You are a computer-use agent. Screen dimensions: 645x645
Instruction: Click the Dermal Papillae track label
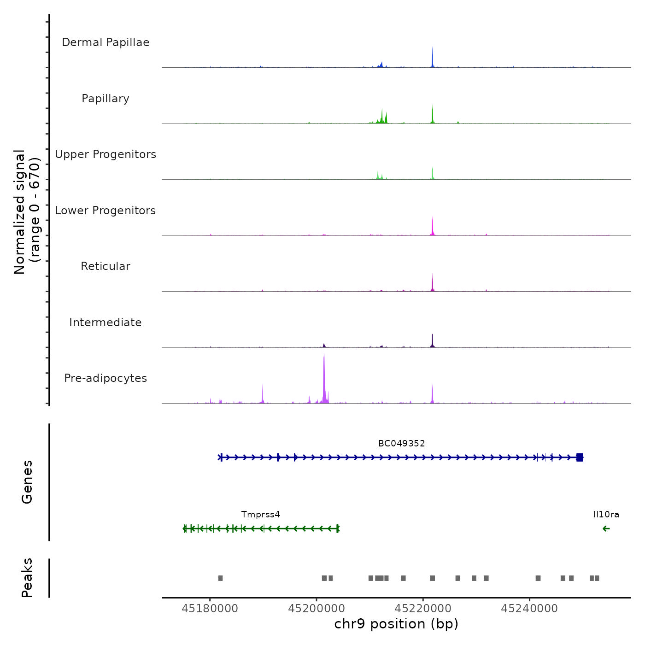tap(106, 42)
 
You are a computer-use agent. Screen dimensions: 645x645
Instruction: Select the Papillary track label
tap(106, 99)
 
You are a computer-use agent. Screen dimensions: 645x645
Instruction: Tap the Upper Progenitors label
tap(106, 154)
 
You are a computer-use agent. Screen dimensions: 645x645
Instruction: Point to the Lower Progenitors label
tap(106, 211)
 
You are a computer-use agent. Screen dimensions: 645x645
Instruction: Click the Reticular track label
tap(106, 266)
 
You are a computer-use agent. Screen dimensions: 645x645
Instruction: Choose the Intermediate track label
tap(106, 322)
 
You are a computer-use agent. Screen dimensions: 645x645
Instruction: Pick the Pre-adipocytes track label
tap(106, 378)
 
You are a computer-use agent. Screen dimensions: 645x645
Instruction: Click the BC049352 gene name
tap(401, 444)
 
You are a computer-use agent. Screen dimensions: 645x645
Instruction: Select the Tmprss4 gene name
tap(260, 515)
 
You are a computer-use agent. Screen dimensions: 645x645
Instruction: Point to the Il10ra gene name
tap(606, 515)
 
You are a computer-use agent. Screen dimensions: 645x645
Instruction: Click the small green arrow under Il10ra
tap(606, 528)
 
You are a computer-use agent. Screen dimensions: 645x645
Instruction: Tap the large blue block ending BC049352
tap(580, 457)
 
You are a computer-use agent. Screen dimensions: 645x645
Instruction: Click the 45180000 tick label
tap(210, 609)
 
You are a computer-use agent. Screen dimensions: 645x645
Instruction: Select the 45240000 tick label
tap(529, 609)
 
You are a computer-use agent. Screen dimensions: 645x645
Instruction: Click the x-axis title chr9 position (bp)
tap(396, 624)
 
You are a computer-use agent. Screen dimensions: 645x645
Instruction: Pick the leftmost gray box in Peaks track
tap(220, 578)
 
